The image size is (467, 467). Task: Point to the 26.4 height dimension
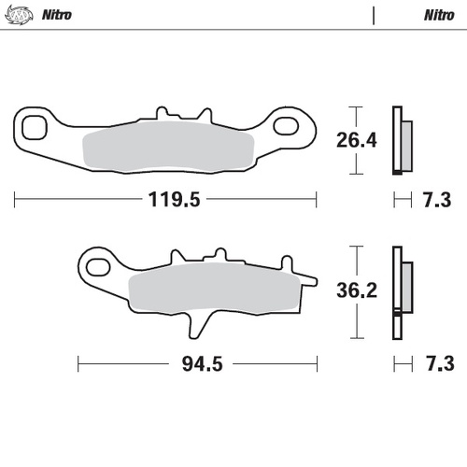(x=356, y=141)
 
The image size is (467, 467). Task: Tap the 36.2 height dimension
(x=356, y=291)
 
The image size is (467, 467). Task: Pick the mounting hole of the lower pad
(x=95, y=271)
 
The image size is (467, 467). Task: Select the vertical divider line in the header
(x=373, y=16)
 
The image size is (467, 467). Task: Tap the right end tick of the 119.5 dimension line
(x=316, y=199)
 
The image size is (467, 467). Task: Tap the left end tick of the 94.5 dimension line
(x=78, y=363)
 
